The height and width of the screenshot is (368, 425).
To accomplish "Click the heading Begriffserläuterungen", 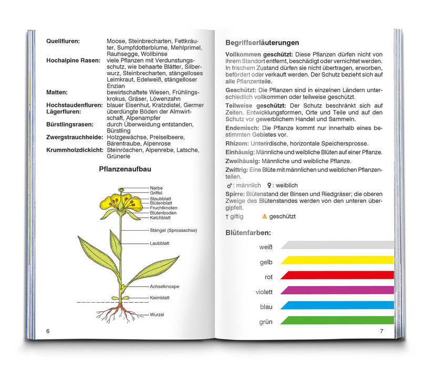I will (x=262, y=43).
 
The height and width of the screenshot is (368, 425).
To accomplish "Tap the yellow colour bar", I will (x=337, y=259).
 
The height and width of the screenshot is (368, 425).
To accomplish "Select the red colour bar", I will (x=337, y=274).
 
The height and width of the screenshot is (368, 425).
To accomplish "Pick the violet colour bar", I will (x=337, y=290).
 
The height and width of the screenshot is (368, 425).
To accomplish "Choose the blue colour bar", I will (x=337, y=305).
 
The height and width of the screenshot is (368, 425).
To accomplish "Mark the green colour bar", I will (x=337, y=320).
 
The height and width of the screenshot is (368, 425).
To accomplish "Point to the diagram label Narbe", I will (x=156, y=188).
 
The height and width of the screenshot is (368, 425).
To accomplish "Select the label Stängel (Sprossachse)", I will (x=173, y=230).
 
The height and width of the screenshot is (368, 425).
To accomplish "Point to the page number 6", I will (x=48, y=331).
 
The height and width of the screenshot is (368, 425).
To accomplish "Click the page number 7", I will (x=382, y=331).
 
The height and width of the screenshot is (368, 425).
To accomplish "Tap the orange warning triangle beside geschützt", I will (x=264, y=216).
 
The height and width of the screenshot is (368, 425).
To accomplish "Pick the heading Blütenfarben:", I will (x=248, y=232).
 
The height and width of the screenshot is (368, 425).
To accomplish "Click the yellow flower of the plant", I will (x=122, y=202).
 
